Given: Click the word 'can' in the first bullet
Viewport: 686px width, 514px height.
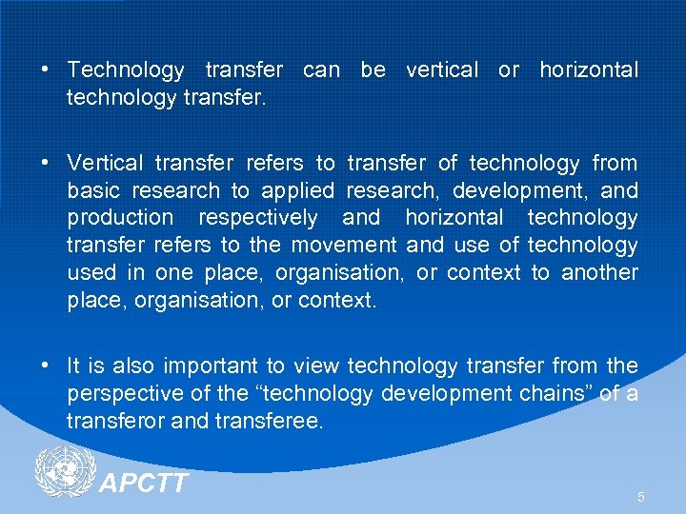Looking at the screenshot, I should tap(320, 69).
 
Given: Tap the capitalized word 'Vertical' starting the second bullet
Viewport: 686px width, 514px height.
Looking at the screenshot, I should tap(105, 163).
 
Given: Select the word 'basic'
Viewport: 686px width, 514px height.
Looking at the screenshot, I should tap(92, 190).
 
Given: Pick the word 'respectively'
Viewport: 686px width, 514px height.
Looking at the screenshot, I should tap(258, 218).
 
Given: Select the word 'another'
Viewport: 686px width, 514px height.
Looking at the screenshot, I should tap(599, 273).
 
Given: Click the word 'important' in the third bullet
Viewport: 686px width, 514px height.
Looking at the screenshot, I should tap(208, 366).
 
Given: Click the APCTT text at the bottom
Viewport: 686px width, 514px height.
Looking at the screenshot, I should tap(144, 484).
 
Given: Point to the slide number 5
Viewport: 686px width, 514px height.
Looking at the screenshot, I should tap(641, 497).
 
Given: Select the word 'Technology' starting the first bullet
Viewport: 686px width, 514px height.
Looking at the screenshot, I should tap(126, 69).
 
